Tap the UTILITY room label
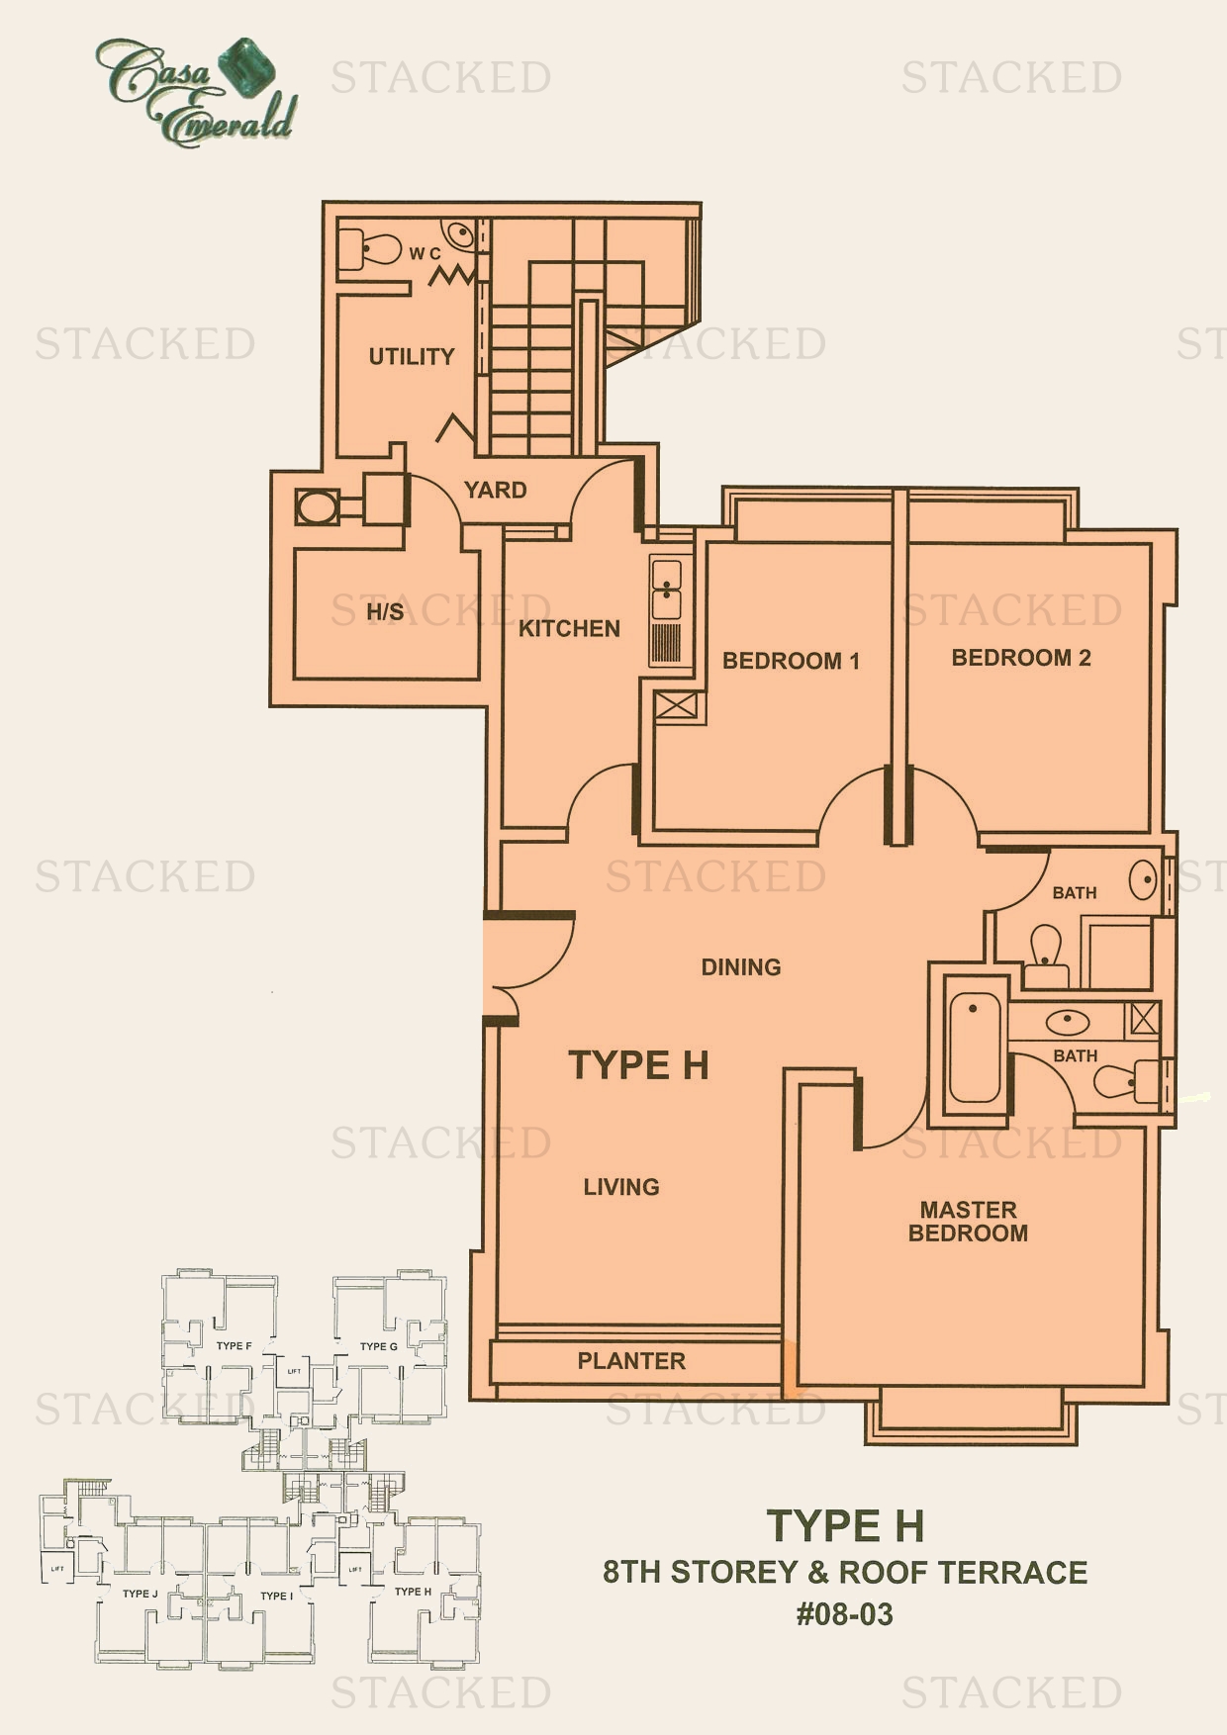[412, 356]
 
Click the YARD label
[496, 490]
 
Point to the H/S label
[385, 612]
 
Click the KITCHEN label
[569, 628]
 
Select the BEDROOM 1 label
[791, 661]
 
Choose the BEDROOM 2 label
[1020, 658]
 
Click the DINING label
[740, 966]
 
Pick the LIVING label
[620, 1186]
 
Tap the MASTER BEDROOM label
[968, 1221]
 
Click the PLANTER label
[631, 1361]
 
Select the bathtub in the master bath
[974, 1050]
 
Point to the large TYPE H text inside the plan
[638, 1065]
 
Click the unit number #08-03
[845, 1615]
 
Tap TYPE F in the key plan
[234, 1345]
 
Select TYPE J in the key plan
[140, 1594]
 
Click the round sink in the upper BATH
[1144, 878]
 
